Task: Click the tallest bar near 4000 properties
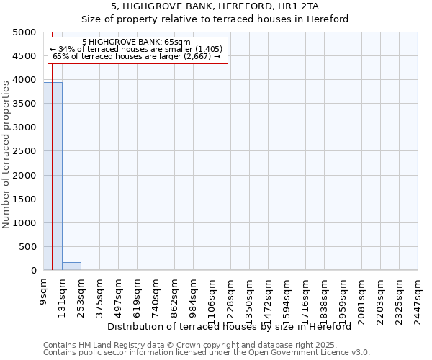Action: click(53, 176)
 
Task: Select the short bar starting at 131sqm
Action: click(71, 266)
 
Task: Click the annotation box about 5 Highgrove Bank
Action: click(137, 50)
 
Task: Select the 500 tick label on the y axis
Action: click(28, 247)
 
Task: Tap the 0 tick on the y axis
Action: click(33, 271)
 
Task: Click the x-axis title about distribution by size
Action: click(234, 326)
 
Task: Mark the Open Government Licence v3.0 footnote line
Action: click(207, 353)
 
